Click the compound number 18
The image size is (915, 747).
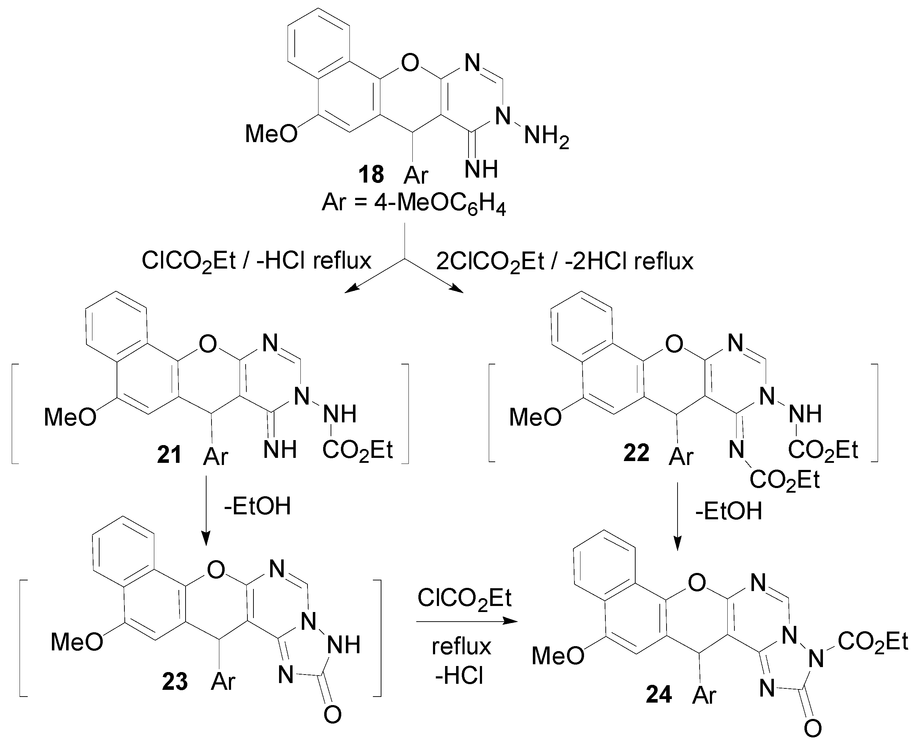pyautogui.click(x=371, y=174)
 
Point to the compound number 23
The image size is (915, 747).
pyautogui.click(x=175, y=682)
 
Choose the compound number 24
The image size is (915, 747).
pyautogui.click(x=659, y=694)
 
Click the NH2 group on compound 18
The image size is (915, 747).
pyautogui.click(x=546, y=137)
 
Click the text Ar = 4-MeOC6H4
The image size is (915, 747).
pyautogui.click(x=413, y=202)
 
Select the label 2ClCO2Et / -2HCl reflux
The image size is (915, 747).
pyautogui.click(x=564, y=261)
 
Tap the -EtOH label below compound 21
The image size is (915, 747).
pyautogui.click(x=257, y=506)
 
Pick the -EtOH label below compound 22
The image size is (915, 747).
pyautogui.click(x=729, y=511)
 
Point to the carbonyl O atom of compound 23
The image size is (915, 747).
pyautogui.click(x=332, y=715)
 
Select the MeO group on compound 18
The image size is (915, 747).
pyautogui.click(x=271, y=134)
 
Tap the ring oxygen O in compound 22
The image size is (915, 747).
pyautogui.click(x=674, y=344)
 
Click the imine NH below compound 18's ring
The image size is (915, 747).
pyautogui.click(x=481, y=169)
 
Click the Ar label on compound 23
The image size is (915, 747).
pyautogui.click(x=223, y=682)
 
